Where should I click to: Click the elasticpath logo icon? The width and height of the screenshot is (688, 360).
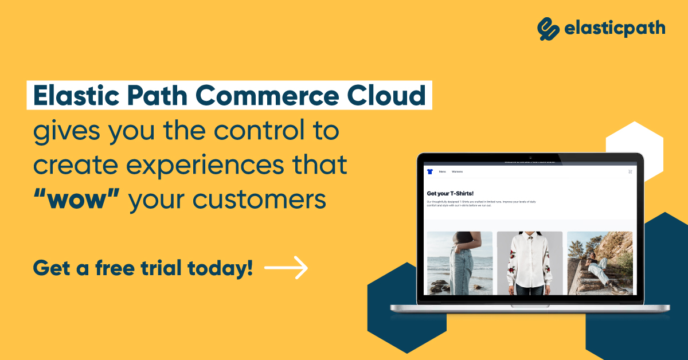click(x=548, y=28)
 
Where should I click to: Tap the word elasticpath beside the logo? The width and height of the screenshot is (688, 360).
click(x=614, y=28)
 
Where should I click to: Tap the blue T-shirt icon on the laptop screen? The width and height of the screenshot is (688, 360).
click(x=430, y=171)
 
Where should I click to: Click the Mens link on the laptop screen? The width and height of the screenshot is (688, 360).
click(x=442, y=172)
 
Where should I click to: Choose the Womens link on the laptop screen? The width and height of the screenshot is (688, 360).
click(x=457, y=172)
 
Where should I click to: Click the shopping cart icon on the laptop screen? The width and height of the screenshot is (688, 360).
click(x=630, y=171)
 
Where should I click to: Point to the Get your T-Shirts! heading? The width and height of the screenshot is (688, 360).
click(x=450, y=193)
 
